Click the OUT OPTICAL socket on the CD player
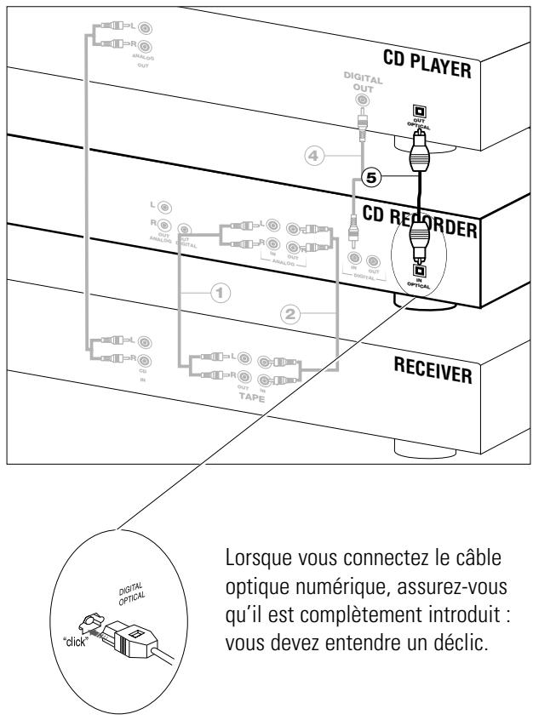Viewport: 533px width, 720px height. (418, 111)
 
